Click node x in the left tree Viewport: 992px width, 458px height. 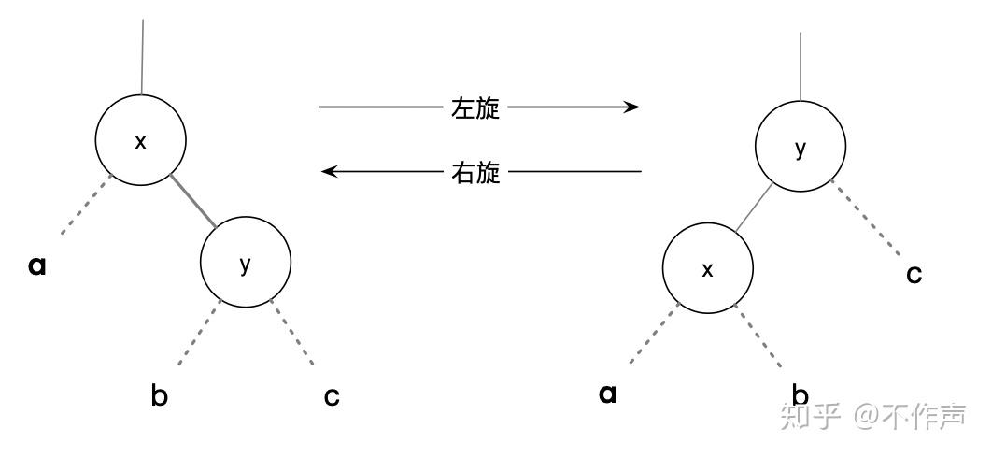141,141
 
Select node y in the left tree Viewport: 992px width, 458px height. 246,264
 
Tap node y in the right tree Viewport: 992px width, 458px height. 801,150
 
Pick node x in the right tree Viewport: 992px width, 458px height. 707,269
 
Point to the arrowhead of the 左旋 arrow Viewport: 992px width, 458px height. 633,107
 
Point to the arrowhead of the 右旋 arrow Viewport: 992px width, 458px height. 327,172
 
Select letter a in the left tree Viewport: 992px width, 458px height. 37,265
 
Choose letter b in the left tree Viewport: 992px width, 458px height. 160,395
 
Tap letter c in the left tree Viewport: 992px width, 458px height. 332,396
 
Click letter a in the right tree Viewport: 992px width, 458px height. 608,394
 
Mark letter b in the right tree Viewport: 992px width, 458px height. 801,394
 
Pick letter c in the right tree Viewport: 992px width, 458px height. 914,274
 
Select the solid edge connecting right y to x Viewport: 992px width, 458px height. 754,208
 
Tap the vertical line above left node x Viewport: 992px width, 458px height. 142,56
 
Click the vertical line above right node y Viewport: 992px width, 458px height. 801,65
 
